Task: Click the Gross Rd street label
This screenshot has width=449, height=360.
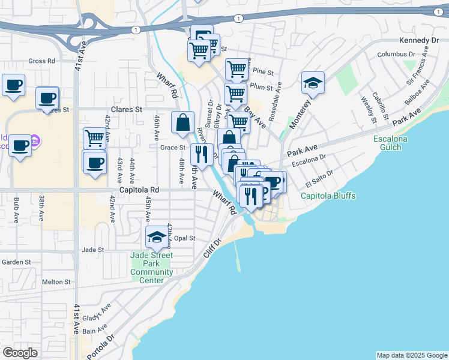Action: point(41,61)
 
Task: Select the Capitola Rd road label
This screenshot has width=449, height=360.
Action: point(139,190)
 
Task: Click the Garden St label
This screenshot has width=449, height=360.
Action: point(16,262)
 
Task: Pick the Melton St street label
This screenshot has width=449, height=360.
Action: point(56,281)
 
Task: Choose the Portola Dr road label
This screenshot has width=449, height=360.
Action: point(100,346)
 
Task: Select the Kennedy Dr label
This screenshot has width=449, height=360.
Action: point(418,41)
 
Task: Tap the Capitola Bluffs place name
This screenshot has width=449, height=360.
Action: point(328,196)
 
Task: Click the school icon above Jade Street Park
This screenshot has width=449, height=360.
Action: point(157,237)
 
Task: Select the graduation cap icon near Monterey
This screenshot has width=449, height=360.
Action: point(313,83)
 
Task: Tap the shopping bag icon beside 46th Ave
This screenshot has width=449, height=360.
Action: point(182,122)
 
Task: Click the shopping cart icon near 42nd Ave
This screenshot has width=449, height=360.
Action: point(94,138)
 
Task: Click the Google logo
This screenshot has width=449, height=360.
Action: point(20,353)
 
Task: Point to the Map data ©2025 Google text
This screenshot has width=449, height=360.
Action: point(411,355)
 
